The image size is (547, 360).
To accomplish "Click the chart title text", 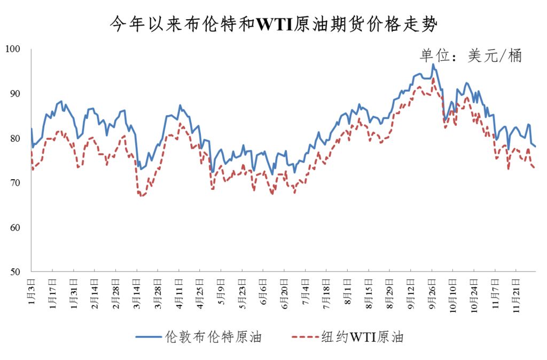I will [273, 24].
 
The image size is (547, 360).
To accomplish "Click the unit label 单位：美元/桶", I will [470, 55].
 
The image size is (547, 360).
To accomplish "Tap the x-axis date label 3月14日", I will [137, 290].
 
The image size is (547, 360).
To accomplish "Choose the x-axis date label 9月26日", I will [432, 290].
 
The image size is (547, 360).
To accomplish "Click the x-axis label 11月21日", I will [516, 291].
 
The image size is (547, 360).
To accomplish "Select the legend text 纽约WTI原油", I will [363, 337].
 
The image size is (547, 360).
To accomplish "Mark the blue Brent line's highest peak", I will [433, 65].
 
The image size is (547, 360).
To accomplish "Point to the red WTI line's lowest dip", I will [142, 196].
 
